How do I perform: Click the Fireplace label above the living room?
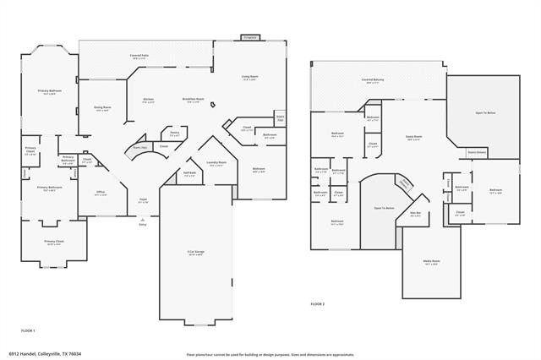(x=249, y=37)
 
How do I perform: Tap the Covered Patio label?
(x=140, y=55)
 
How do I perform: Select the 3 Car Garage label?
(x=194, y=252)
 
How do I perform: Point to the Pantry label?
(x=174, y=133)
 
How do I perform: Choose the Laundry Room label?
(x=216, y=162)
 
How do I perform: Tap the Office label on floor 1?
(x=101, y=192)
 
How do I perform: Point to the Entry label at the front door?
(x=142, y=224)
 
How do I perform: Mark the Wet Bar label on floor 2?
(x=416, y=213)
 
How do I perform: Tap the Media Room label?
(x=430, y=261)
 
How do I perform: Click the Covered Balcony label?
(x=373, y=80)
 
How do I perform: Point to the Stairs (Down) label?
(x=478, y=153)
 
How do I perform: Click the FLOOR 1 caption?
(x=28, y=329)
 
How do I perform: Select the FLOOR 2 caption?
(x=318, y=303)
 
